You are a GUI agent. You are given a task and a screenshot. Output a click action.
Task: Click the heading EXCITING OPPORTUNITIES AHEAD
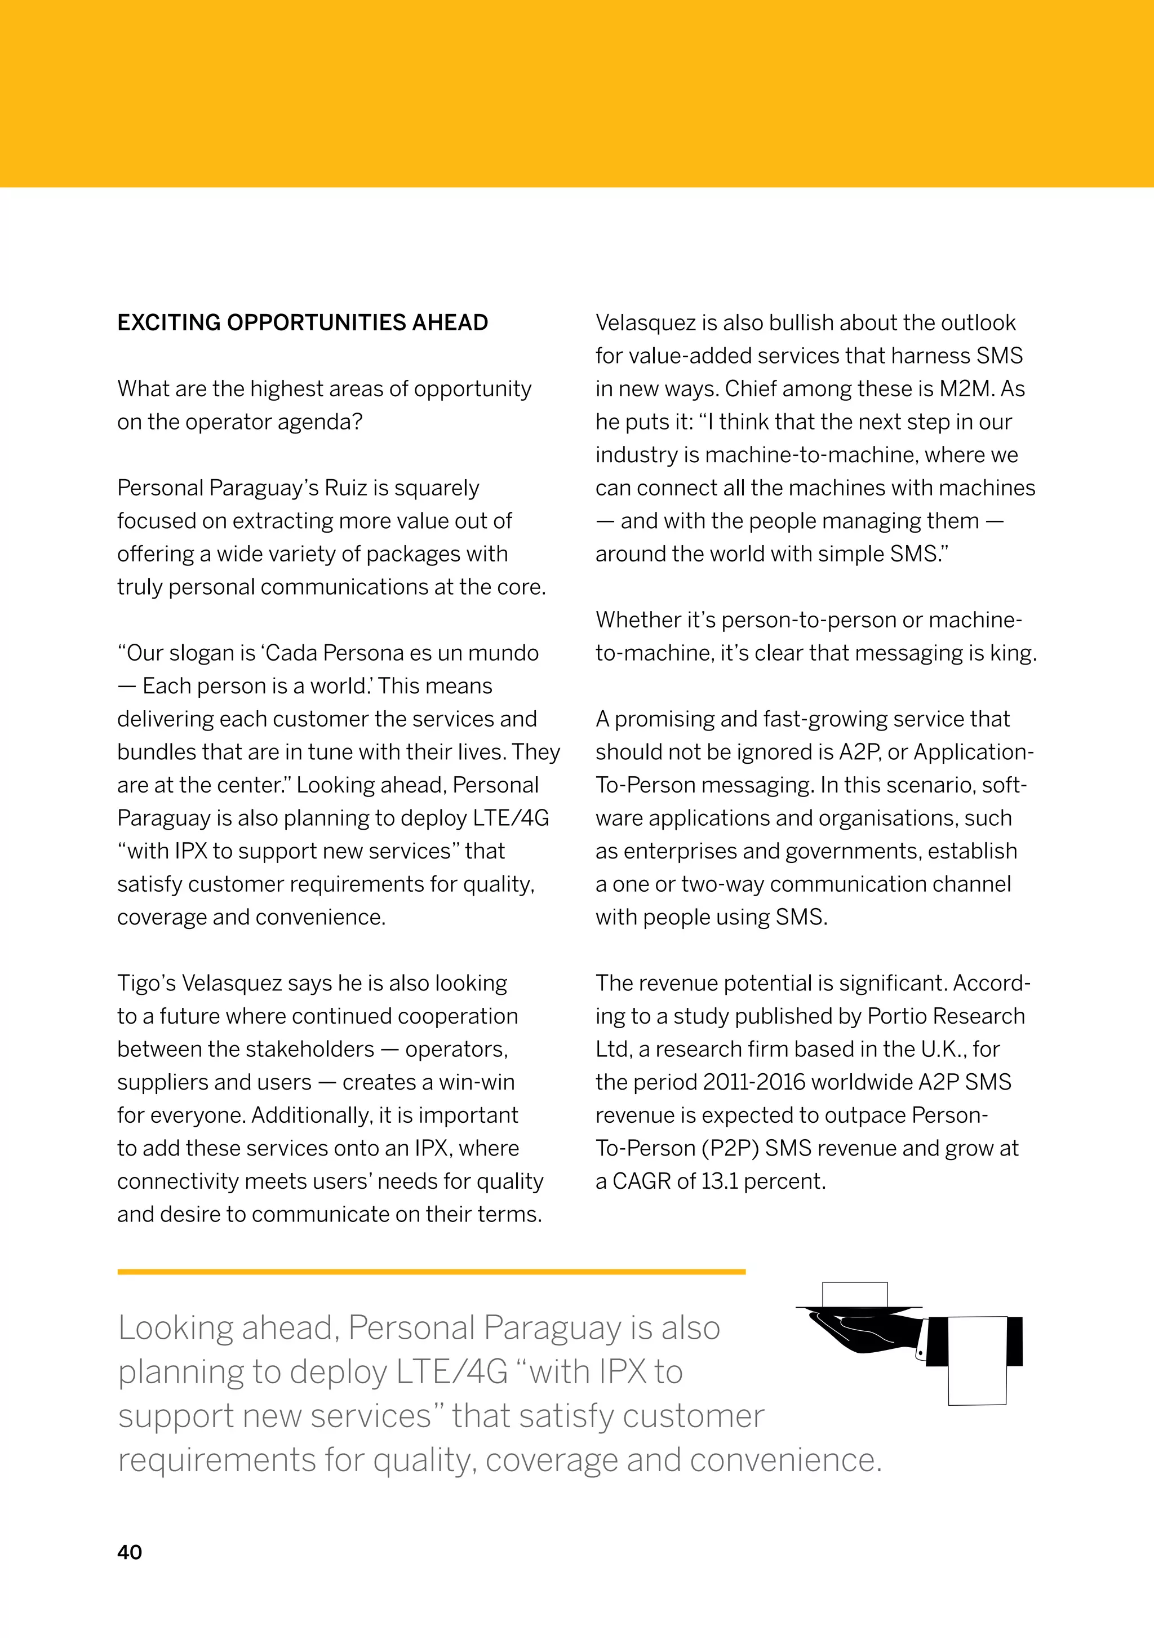click(303, 322)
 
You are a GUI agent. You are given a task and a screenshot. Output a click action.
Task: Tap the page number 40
click(129, 1552)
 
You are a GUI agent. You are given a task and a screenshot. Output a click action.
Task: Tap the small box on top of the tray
click(854, 1294)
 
